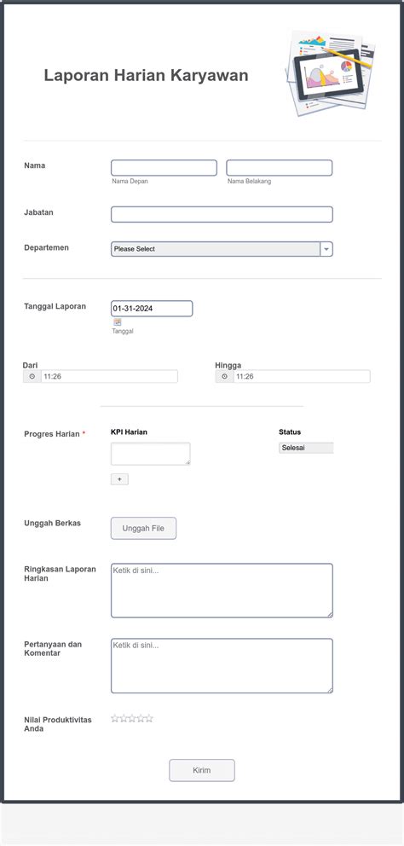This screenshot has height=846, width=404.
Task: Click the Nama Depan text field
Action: tap(164, 168)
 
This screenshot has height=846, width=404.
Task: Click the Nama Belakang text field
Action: tap(279, 168)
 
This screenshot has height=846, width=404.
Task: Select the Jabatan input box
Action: tap(222, 214)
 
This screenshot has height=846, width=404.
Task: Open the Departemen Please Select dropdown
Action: tap(222, 249)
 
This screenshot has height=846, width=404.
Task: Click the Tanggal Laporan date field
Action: tap(152, 309)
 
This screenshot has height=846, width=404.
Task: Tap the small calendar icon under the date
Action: tap(118, 322)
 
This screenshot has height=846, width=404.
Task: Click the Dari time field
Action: tap(109, 376)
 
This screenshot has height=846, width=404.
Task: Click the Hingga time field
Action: tap(302, 376)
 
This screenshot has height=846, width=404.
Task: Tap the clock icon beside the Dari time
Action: tap(32, 376)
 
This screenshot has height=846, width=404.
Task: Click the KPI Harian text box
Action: tap(150, 454)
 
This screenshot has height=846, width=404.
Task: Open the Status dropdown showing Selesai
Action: tap(305, 448)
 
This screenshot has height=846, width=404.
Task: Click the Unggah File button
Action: tap(143, 529)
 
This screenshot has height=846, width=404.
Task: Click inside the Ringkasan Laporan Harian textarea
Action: tap(222, 590)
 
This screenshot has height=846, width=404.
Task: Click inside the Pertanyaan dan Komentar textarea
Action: tap(222, 665)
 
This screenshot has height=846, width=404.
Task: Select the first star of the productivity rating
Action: tap(115, 719)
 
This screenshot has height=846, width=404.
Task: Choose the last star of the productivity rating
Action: tap(149, 719)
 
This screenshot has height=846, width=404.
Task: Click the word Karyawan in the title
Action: tap(209, 75)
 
